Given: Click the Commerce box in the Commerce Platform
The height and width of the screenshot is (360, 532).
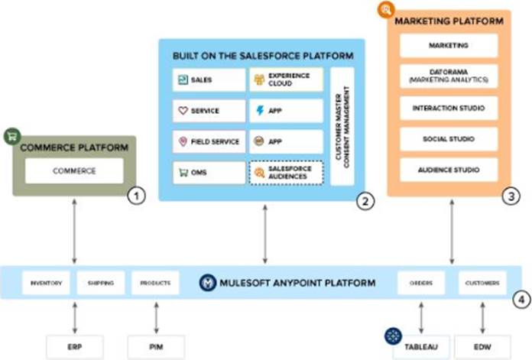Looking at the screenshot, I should tap(73, 170).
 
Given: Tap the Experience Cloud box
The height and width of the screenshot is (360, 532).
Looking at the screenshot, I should tap(286, 79).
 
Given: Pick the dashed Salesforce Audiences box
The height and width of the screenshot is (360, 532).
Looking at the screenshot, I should tap(286, 172).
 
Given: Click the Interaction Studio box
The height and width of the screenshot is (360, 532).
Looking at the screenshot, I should tap(448, 108).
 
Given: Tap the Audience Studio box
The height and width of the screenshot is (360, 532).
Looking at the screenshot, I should tap(448, 169).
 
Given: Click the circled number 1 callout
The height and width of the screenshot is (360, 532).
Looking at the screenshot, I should tap(136, 196).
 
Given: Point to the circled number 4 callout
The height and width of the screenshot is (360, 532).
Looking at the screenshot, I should tap(520, 299).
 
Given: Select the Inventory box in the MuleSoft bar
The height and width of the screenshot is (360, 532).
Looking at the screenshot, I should tap(46, 283).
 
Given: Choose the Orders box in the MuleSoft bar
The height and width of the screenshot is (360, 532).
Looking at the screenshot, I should tap(421, 283).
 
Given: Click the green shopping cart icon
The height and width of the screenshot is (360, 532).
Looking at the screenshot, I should tap(12, 137).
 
